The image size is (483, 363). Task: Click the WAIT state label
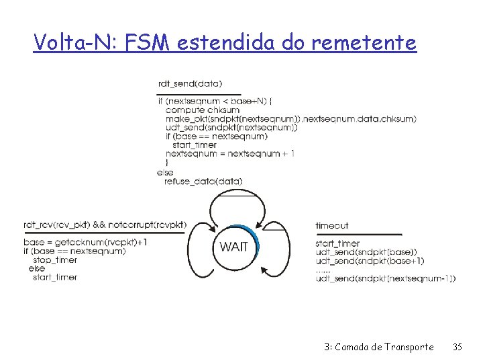click(x=233, y=247)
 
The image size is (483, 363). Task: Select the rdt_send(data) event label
click(x=190, y=85)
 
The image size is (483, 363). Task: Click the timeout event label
click(x=331, y=226)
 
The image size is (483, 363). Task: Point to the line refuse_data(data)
click(x=203, y=181)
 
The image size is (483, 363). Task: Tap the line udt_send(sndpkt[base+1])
click(x=369, y=261)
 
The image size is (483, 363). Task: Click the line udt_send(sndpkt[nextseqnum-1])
click(x=385, y=278)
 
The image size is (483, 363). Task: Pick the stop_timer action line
click(x=55, y=260)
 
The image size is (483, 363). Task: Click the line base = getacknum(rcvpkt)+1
click(x=86, y=242)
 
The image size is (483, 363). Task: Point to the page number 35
click(x=458, y=347)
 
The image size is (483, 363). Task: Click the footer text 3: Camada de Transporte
click(x=378, y=347)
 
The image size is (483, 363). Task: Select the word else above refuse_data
click(x=165, y=172)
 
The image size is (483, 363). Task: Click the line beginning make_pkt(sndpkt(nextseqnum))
click(x=290, y=118)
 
